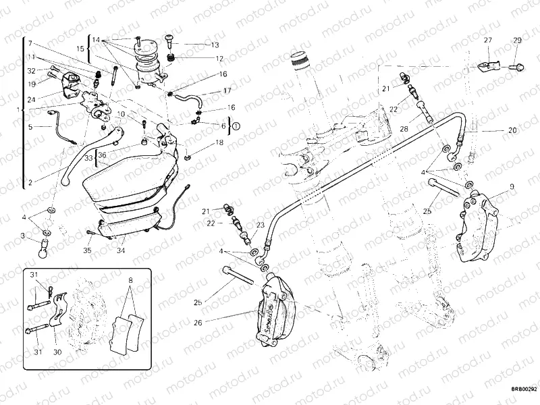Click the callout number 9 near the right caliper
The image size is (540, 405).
point(512,186)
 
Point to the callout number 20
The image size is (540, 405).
point(512,130)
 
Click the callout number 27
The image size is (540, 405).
point(487,41)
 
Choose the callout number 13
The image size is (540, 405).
point(215,45)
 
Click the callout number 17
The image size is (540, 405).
point(227,90)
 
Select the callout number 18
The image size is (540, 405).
point(219,143)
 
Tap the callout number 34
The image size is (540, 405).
point(120,250)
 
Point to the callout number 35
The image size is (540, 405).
point(87,250)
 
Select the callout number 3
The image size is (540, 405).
point(23,236)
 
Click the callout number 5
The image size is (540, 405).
point(30,126)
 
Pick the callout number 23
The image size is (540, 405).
point(260,225)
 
